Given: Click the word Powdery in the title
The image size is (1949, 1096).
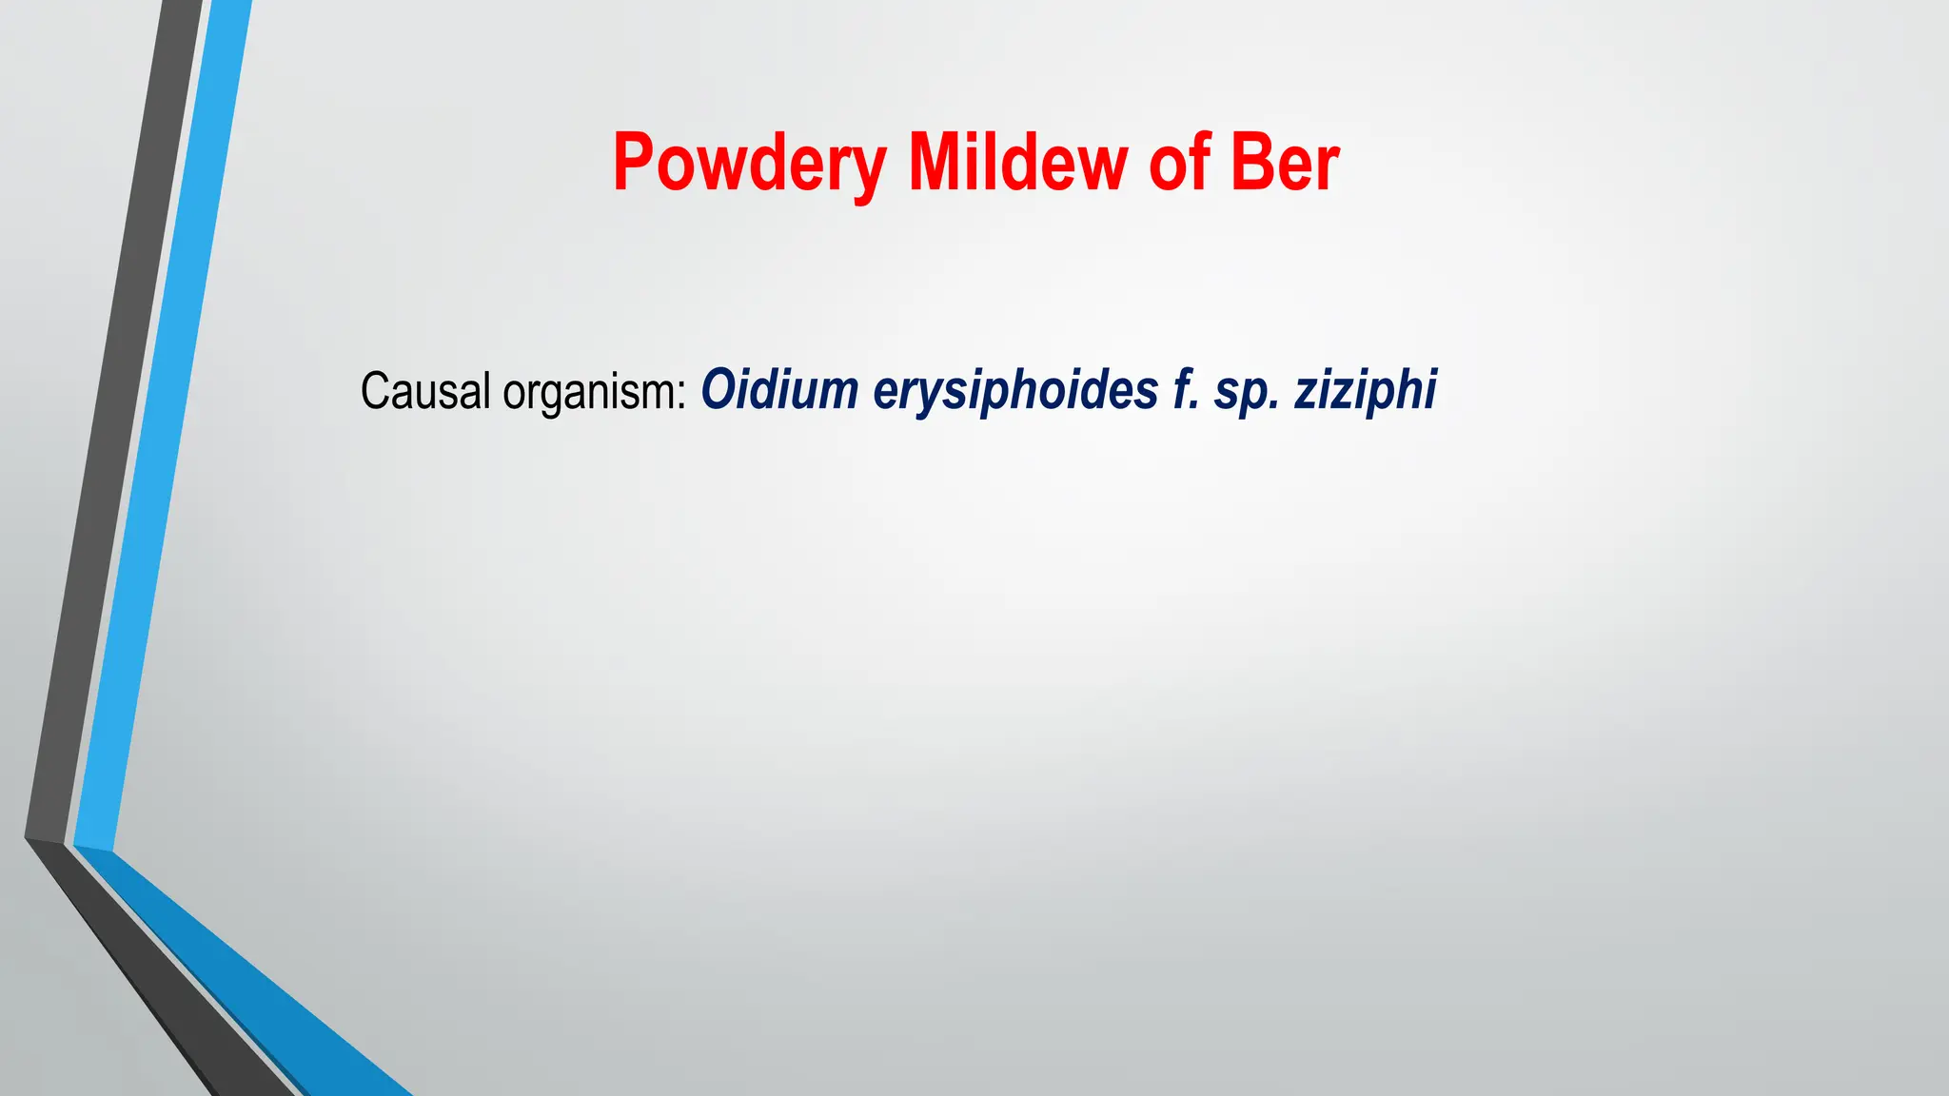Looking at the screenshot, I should [750, 164].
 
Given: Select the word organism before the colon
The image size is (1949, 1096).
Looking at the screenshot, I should [587, 393].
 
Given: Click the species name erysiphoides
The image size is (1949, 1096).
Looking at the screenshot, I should [1014, 391].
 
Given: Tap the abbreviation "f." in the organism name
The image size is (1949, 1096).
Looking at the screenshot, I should [1186, 390].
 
